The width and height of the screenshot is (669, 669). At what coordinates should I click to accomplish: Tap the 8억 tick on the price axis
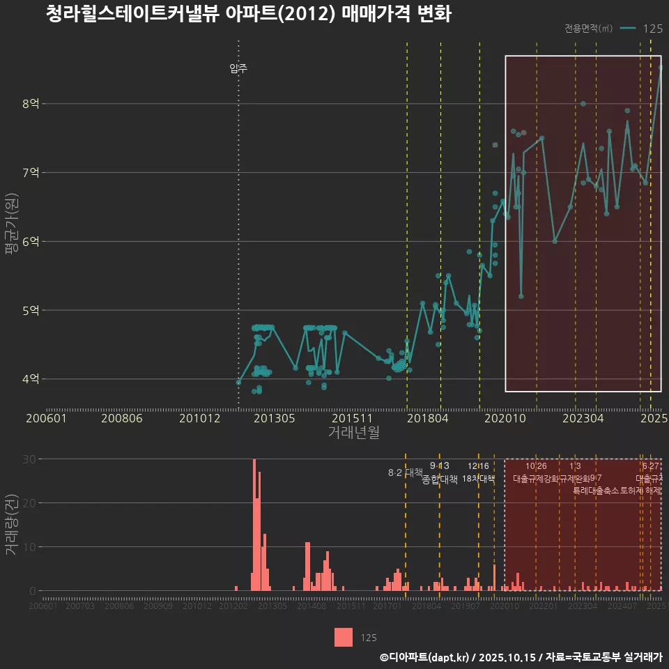point(30,104)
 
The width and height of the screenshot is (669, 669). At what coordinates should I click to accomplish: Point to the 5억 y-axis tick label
point(30,310)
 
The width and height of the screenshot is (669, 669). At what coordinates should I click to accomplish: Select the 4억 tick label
point(30,379)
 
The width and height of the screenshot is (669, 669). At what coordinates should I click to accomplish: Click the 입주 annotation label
point(238,68)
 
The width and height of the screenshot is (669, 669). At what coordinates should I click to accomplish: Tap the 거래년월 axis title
point(353,432)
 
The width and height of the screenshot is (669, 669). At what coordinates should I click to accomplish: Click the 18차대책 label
point(478,479)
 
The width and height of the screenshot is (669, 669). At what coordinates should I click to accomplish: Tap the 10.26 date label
point(536,466)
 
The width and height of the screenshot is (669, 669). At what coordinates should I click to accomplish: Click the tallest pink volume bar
point(254,525)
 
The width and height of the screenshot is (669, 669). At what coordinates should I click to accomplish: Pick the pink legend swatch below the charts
point(344,637)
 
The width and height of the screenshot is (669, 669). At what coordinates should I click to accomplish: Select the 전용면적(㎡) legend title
point(588,29)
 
